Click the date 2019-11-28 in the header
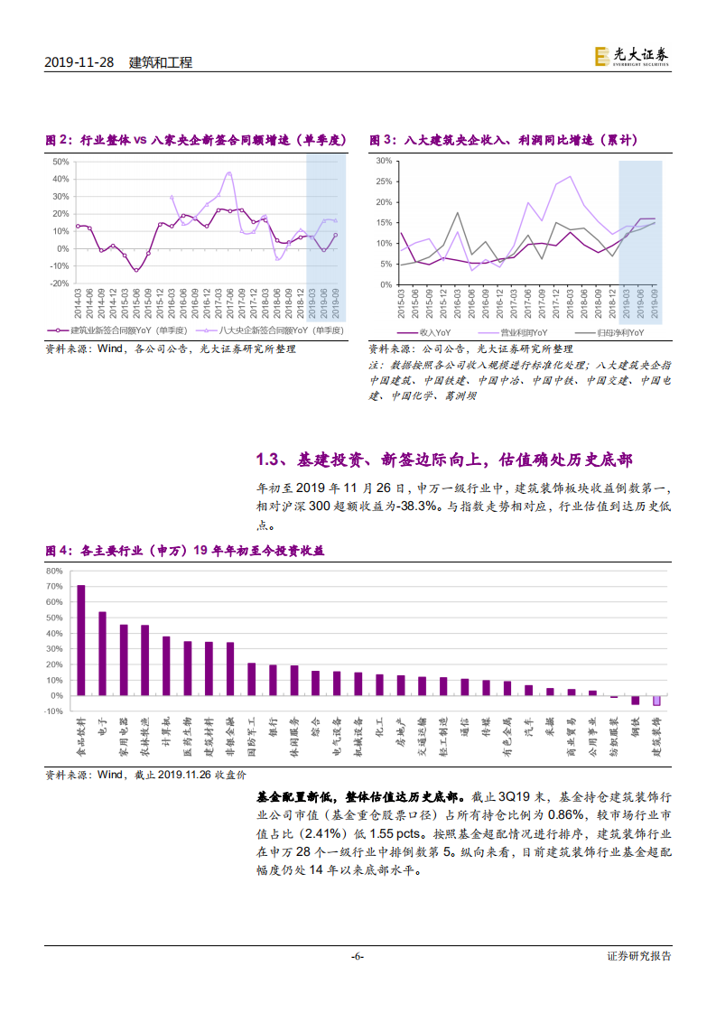click(80, 63)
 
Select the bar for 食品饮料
click(81, 640)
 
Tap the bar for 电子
click(102, 654)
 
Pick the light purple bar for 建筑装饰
click(656, 701)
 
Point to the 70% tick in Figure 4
click(54, 586)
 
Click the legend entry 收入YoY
click(432, 332)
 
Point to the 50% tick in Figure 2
click(60, 162)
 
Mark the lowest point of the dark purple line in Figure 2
click(136, 270)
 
